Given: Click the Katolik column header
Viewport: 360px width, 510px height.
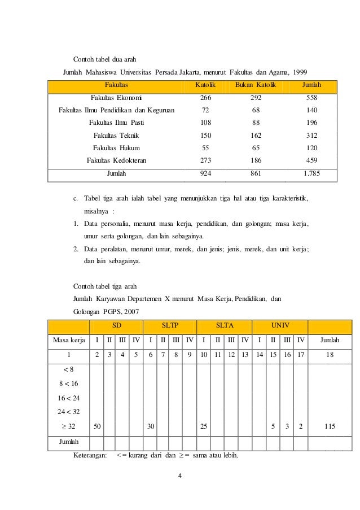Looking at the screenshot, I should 205,85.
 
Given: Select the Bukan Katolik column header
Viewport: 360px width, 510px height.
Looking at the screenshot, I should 256,85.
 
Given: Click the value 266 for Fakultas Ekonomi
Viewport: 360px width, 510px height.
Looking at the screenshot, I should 205,98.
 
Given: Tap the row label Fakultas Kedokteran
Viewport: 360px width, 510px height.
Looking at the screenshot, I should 117,160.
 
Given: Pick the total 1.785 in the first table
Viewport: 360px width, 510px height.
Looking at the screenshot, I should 311,174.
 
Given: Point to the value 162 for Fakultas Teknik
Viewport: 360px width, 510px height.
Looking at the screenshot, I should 256,136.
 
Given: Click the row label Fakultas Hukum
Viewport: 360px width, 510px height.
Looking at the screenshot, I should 117,148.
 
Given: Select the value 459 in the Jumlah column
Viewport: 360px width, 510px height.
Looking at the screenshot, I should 311,160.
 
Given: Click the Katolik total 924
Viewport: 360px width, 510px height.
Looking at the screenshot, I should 205,174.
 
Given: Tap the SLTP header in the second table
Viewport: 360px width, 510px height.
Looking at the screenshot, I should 170,326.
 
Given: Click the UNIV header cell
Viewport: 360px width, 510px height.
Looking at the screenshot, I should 280,326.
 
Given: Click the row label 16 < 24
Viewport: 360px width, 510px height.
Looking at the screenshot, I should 69,398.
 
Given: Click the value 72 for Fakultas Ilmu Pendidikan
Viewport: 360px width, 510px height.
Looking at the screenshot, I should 205,110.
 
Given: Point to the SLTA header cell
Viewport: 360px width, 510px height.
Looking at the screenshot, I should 225,326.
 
